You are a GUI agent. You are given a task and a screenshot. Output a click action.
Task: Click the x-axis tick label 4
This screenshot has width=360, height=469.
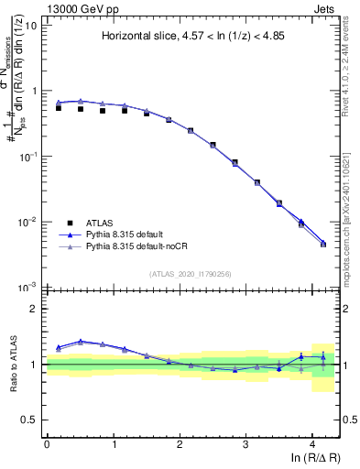(312, 443)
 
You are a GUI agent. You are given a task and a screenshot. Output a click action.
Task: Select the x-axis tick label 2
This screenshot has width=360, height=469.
(180, 443)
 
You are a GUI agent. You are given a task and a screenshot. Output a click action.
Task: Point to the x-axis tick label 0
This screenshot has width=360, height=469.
(47, 443)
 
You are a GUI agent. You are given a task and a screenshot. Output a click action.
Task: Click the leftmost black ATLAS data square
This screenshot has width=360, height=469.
(59, 108)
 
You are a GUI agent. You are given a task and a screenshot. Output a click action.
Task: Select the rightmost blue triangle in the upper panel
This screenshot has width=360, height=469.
(322, 243)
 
